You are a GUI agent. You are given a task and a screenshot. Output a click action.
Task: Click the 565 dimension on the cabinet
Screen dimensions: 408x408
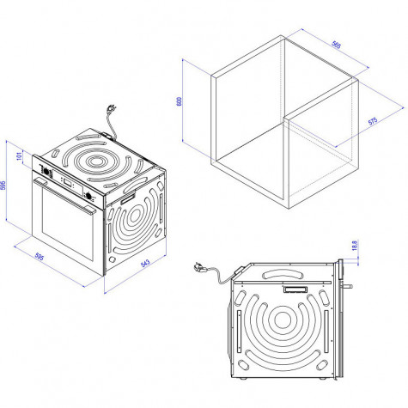point(336,45)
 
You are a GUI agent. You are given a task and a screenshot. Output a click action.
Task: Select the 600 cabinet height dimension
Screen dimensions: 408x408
point(180,101)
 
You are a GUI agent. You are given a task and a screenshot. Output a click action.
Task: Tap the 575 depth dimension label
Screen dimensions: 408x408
point(373,121)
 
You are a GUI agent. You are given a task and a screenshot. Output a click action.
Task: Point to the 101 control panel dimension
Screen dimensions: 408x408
point(19,156)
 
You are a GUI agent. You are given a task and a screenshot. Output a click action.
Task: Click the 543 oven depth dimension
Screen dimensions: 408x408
point(145,264)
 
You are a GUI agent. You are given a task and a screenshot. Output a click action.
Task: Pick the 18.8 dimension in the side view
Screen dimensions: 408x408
point(355,246)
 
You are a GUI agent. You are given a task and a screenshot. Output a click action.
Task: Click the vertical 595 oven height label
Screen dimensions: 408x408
point(3,186)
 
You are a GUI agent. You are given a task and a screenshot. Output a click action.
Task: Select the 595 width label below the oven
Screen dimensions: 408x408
point(40,257)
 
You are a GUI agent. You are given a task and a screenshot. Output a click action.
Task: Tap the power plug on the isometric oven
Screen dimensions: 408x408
point(111,109)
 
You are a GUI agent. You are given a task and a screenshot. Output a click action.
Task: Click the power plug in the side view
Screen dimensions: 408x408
point(199,267)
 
